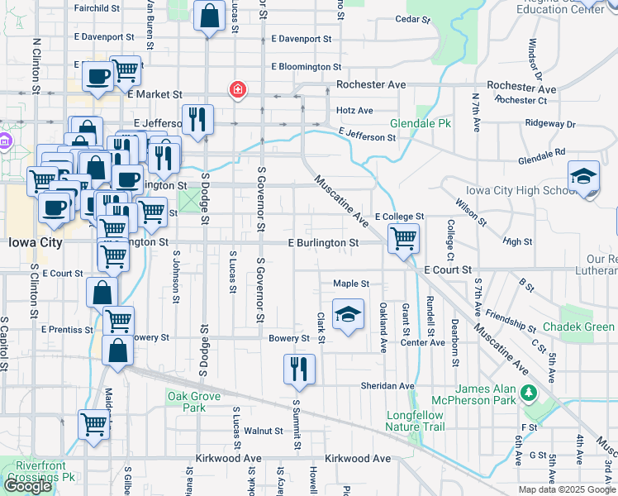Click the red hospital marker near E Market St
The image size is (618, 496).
(x=238, y=89)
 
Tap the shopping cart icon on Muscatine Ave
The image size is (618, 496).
(x=403, y=239)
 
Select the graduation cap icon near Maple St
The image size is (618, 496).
(x=349, y=314)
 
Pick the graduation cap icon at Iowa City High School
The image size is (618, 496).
(x=584, y=176)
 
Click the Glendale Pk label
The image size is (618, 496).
(x=421, y=122)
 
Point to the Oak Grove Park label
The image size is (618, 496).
(x=194, y=402)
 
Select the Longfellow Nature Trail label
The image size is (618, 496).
(x=415, y=421)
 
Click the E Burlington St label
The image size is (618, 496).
(x=323, y=243)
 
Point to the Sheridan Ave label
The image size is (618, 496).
(x=387, y=386)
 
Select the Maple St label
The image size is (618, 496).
(x=350, y=284)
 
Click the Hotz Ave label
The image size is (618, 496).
(x=355, y=110)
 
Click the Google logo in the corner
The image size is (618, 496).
(x=27, y=486)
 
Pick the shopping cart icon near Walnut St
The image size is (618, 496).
(x=94, y=424)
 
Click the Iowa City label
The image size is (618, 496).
(x=35, y=243)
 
